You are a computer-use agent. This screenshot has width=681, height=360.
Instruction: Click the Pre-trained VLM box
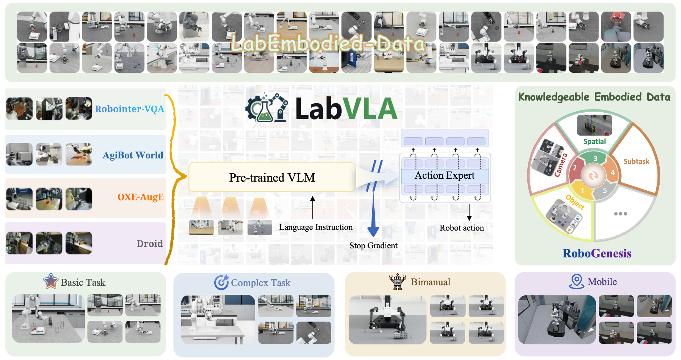272,177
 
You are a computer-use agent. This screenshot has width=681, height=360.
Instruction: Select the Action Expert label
445,175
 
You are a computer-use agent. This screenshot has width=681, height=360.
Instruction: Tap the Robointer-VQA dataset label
129,109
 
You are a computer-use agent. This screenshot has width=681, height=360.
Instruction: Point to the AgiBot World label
133,155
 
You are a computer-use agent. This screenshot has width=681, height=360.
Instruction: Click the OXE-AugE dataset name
141,197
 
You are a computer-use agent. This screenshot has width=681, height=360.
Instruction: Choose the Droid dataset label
150,243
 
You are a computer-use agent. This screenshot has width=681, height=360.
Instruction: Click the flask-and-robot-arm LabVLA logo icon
267,108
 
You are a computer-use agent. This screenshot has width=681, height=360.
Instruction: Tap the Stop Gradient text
373,245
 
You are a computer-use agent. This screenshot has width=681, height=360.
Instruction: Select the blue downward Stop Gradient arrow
373,214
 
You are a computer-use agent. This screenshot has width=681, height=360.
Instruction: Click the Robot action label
462,228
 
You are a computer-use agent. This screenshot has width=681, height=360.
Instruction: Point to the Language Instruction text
316,227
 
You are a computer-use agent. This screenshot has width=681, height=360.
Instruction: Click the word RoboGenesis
597,253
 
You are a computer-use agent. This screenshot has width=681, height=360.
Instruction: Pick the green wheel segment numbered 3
595,158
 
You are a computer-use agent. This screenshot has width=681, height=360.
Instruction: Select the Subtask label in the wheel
636,161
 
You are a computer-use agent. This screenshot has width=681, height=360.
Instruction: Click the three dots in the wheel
620,214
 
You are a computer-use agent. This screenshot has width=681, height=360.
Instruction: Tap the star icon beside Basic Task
51,281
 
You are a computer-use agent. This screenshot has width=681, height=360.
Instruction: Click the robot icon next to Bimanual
397,282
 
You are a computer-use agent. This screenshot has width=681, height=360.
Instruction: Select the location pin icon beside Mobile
577,281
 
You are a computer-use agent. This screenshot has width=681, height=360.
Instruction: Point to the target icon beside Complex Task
221,282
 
